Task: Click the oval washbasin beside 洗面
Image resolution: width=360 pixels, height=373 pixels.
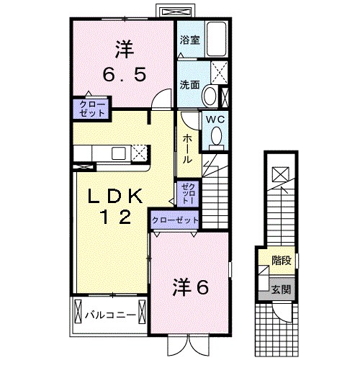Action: (209, 95)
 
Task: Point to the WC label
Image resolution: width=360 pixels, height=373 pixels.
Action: (215, 120)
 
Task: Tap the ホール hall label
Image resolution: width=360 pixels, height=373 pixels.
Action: (186, 148)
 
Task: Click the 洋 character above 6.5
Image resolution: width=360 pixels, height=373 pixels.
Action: (123, 50)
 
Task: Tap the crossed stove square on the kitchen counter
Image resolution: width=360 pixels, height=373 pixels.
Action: (139, 152)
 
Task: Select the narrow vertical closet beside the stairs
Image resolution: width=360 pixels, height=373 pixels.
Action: (187, 192)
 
